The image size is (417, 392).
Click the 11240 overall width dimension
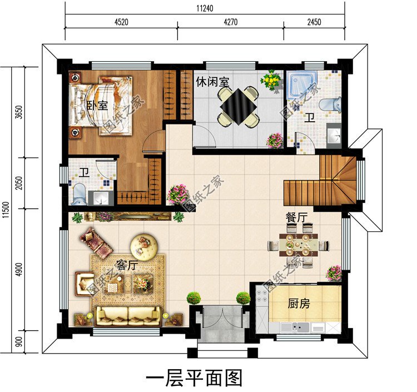(205, 8)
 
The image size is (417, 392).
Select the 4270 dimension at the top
(231, 22)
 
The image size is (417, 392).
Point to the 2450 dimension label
(314, 22)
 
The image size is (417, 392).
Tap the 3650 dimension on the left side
(19, 112)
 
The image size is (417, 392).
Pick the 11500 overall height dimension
(6, 210)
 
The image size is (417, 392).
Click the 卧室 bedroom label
(97, 105)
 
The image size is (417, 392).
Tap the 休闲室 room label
(212, 82)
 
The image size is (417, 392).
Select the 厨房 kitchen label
(299, 304)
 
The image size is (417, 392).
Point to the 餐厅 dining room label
(297, 217)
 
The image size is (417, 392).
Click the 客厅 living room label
(127, 265)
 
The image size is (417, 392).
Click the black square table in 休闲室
(239, 106)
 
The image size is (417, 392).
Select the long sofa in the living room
(128, 316)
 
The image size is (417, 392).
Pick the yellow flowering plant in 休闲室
(271, 80)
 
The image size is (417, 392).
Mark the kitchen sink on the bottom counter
(295, 326)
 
